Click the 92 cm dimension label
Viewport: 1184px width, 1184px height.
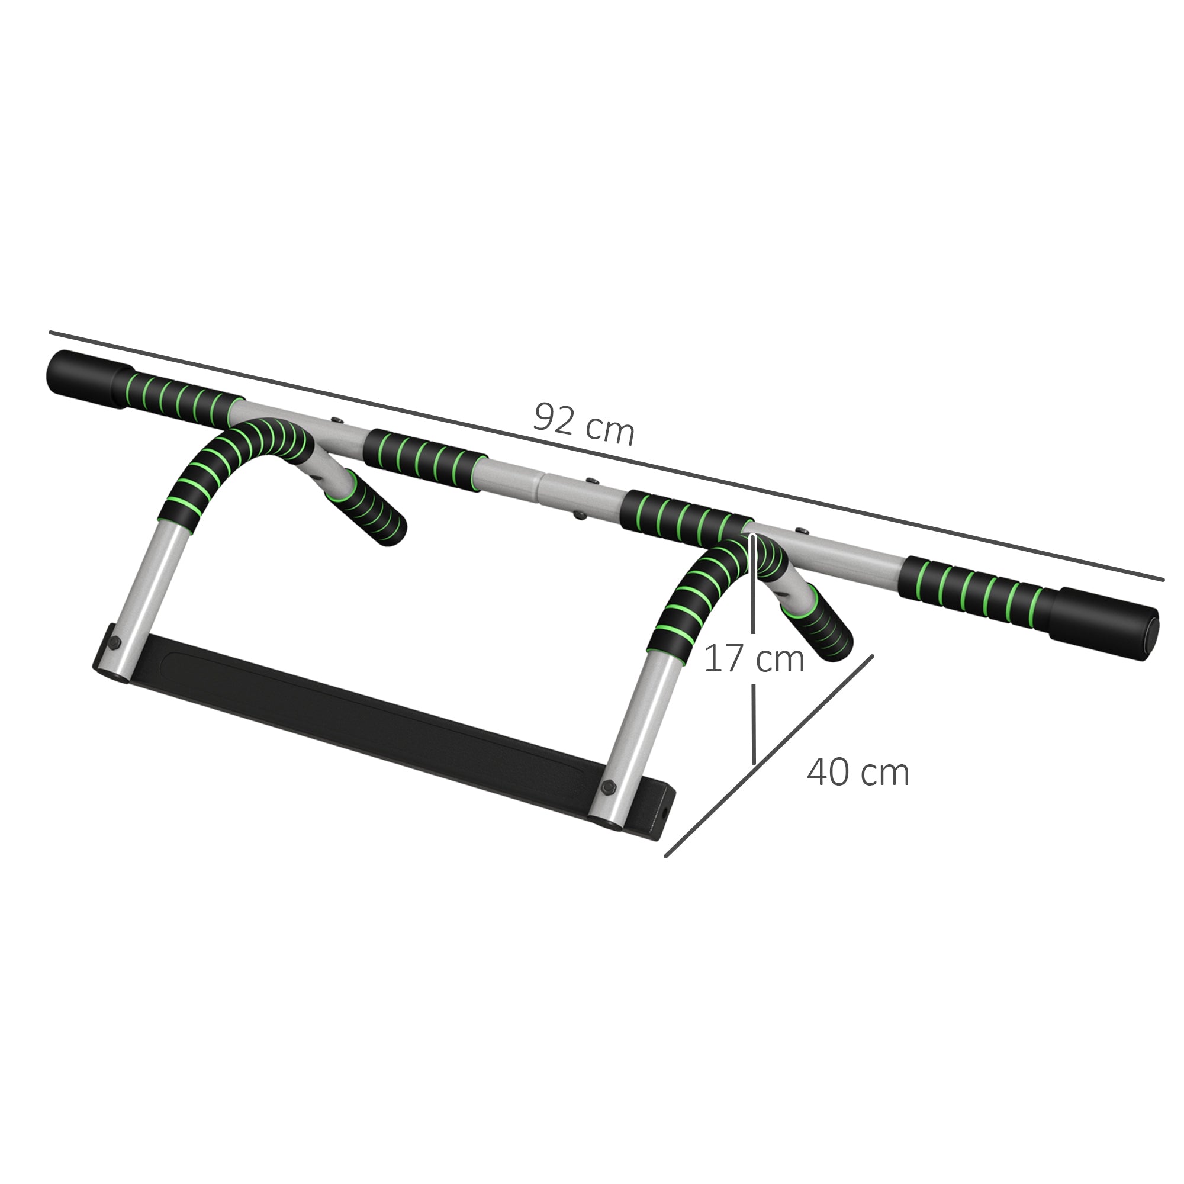point(584,424)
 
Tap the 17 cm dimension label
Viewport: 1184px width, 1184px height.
point(753,659)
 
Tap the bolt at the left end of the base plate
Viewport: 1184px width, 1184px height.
point(115,643)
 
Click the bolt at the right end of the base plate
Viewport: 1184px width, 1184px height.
point(608,787)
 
